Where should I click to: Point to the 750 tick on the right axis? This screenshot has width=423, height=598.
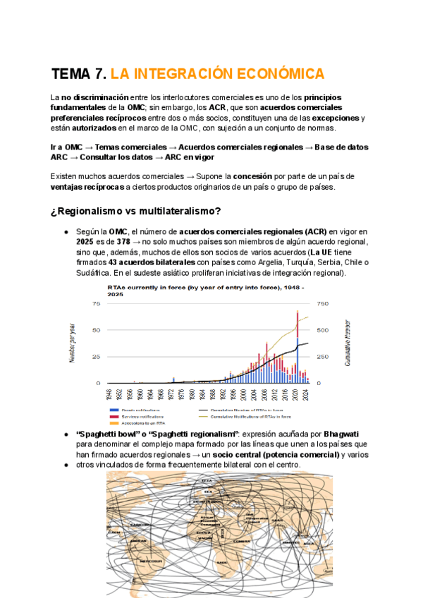[324, 303]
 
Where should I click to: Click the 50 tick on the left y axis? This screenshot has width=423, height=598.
[95, 330]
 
